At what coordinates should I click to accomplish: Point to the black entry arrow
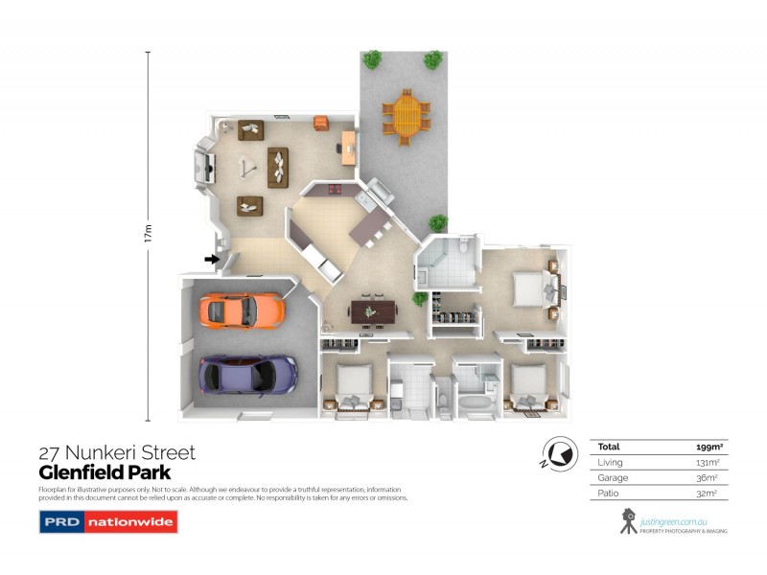[x=211, y=258]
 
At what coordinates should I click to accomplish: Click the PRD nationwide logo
[x=107, y=522]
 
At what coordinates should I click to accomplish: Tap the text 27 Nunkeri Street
[x=117, y=452]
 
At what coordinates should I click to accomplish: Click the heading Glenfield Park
[x=105, y=472]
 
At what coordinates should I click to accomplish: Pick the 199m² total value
[x=709, y=447]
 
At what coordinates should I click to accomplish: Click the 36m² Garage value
[x=709, y=477]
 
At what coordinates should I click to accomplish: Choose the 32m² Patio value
[x=709, y=493]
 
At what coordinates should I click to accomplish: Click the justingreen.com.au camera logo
[x=629, y=521]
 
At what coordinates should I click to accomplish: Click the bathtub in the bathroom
[x=474, y=403]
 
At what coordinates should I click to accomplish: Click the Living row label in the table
[x=611, y=462]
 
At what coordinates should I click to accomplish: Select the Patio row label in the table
[x=609, y=493]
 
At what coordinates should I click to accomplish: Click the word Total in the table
[x=609, y=447]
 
